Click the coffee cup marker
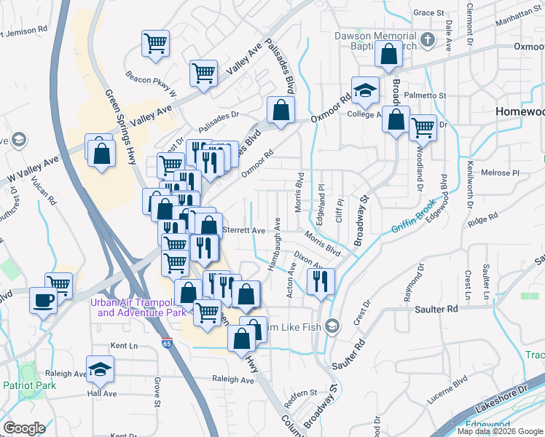pos(44,299)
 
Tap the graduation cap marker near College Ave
pos(365,90)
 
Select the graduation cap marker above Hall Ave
pos(100,369)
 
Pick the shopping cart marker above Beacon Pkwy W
pos(155,44)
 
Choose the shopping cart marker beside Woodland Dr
pos(423,127)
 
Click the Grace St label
pos(428,13)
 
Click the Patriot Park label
pos(23,385)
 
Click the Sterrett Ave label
pos(243,230)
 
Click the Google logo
pos(23,428)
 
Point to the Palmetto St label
pos(427,95)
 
